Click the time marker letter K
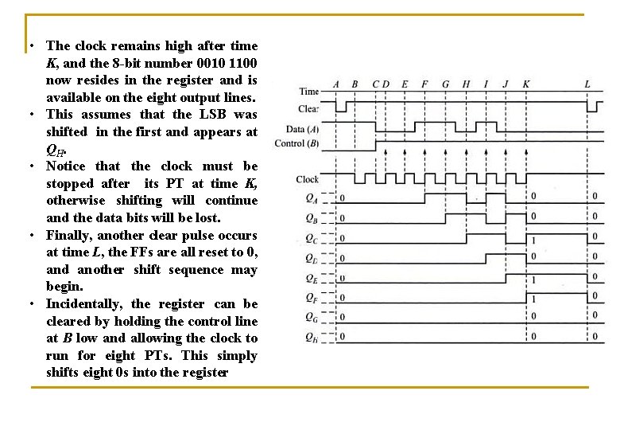pyautogui.click(x=526, y=84)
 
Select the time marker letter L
pyautogui.click(x=587, y=84)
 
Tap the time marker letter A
pyautogui.click(x=336, y=84)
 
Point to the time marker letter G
pyautogui.click(x=445, y=84)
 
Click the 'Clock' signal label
pyautogui.click(x=307, y=179)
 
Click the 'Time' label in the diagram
pyautogui.click(x=308, y=92)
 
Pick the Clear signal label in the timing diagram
pyautogui.click(x=308, y=109)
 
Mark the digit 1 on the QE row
pyautogui.click(x=533, y=279)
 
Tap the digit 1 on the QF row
pyautogui.click(x=533, y=299)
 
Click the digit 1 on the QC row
pyautogui.click(x=533, y=239)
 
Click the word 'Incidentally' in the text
pyautogui.click(x=83, y=304)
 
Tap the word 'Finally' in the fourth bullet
pyautogui.click(x=68, y=236)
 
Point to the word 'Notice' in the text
pyautogui.click(x=67, y=166)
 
